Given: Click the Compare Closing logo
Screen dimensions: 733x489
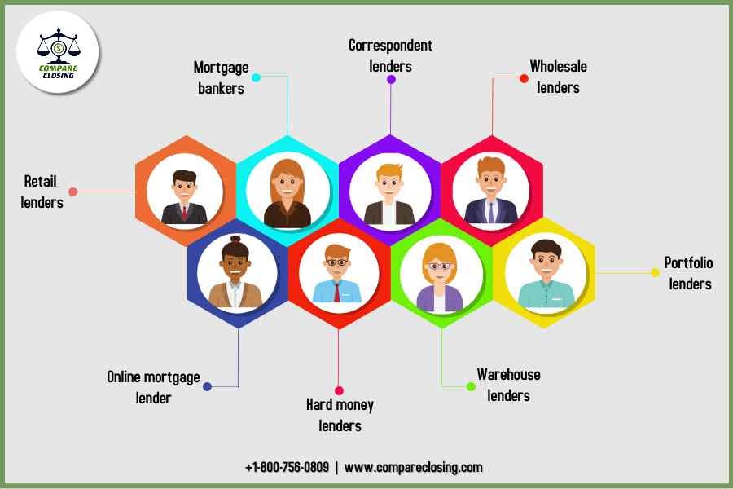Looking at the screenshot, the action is (x=58, y=53).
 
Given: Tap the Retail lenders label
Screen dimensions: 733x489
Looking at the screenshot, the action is (x=42, y=192).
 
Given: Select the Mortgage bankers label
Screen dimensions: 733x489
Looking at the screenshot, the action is (x=220, y=77).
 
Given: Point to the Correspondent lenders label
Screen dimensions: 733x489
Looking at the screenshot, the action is (x=390, y=55).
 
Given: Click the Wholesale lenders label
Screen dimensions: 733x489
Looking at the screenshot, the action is (x=558, y=76).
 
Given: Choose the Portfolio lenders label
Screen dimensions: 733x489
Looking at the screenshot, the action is (x=689, y=273).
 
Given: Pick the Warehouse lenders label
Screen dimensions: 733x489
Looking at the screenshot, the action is (x=508, y=385).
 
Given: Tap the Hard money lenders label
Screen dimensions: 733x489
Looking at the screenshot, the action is (x=340, y=415).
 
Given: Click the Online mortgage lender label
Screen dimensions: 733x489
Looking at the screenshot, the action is (x=153, y=387).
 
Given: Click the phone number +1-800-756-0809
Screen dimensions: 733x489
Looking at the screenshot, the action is (x=287, y=467).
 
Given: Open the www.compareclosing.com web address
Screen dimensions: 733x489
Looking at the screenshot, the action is (x=413, y=467).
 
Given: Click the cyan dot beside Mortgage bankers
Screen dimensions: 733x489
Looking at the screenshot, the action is (x=256, y=78).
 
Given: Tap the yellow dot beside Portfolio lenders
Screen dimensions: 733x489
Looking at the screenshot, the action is (x=655, y=272).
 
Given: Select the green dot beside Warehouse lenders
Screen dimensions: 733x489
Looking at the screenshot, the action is (x=471, y=385).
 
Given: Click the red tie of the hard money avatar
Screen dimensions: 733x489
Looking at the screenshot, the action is (x=336, y=293).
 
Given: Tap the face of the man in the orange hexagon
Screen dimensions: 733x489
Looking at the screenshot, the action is (x=184, y=188).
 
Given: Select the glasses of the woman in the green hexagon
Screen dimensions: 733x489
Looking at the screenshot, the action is (x=439, y=266).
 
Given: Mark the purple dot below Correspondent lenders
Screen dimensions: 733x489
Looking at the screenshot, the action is (x=391, y=80).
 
